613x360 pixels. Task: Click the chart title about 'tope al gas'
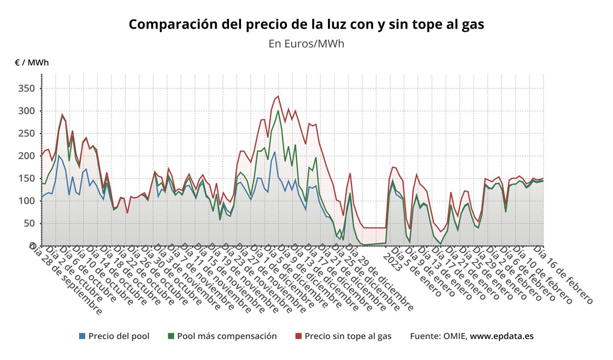point(306,24)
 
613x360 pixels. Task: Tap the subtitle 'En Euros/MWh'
point(306,43)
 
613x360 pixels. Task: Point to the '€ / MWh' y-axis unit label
point(32,63)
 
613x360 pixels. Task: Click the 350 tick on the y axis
point(26,88)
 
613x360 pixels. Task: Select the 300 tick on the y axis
point(26,111)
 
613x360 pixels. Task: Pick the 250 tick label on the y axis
point(26,133)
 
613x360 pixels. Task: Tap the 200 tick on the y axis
point(26,156)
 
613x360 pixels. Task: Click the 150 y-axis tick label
point(26,178)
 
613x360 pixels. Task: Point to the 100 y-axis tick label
point(26,201)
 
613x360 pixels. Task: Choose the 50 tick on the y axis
point(29,223)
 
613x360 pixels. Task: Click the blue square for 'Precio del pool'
point(82,336)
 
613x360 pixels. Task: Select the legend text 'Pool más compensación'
point(227,336)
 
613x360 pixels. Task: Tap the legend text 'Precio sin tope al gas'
point(348,336)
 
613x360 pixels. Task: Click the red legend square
point(299,336)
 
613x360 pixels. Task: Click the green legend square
point(171,336)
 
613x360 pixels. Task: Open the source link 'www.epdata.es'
point(502,336)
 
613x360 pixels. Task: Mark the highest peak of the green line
point(278,111)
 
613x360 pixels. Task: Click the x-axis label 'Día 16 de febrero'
point(563,275)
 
